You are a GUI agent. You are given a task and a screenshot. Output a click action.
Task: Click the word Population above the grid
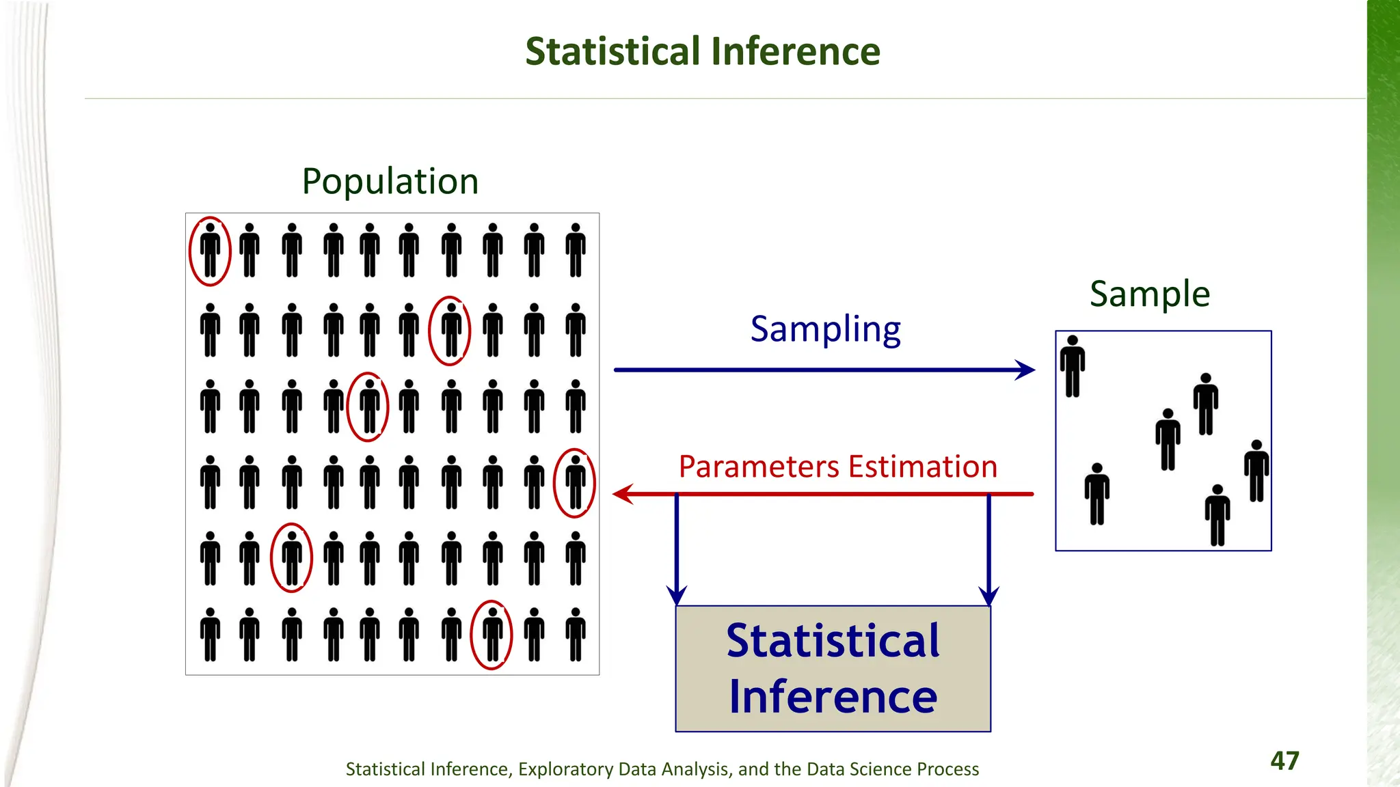click(390, 182)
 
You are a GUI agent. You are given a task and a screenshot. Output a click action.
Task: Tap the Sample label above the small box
click(1150, 294)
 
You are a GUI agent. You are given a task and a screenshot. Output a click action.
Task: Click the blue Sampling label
click(825, 330)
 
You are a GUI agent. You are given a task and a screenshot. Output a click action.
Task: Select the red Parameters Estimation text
click(837, 467)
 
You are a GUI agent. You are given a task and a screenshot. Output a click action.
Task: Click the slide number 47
click(1284, 760)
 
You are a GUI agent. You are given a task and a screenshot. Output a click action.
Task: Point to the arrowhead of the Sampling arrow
click(1026, 370)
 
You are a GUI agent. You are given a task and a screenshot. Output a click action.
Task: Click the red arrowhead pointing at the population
click(623, 494)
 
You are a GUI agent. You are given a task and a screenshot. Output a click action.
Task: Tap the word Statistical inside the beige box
click(833, 641)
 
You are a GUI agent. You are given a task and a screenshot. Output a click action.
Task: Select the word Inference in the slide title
click(795, 52)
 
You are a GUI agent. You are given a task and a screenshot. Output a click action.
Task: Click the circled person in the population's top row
click(210, 251)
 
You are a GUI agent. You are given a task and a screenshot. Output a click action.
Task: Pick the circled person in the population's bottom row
click(492, 635)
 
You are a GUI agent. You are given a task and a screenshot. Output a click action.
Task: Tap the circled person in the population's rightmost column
click(576, 482)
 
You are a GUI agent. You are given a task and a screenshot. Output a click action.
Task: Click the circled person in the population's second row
click(450, 331)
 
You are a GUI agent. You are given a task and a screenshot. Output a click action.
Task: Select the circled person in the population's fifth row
click(292, 558)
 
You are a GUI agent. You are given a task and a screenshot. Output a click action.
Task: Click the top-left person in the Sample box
click(1073, 366)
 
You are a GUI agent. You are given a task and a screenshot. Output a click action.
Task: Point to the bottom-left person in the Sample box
click(1097, 494)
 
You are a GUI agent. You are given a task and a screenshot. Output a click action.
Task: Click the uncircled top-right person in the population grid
click(576, 250)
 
